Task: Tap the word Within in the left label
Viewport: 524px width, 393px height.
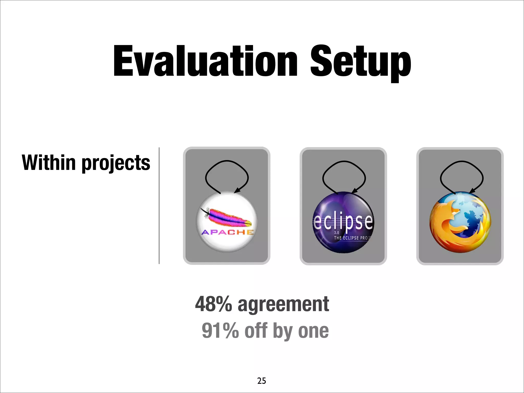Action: pos(49,162)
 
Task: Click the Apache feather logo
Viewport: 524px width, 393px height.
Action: pos(226,217)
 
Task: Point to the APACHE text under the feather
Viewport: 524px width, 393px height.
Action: pos(227,232)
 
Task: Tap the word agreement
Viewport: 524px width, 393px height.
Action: pos(283,304)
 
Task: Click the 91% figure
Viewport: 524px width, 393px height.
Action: pos(220,331)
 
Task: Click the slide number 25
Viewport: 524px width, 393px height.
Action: pos(261,381)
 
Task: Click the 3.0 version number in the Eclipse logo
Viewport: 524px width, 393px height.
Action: pos(336,233)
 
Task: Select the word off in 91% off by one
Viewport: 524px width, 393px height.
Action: pos(256,331)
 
